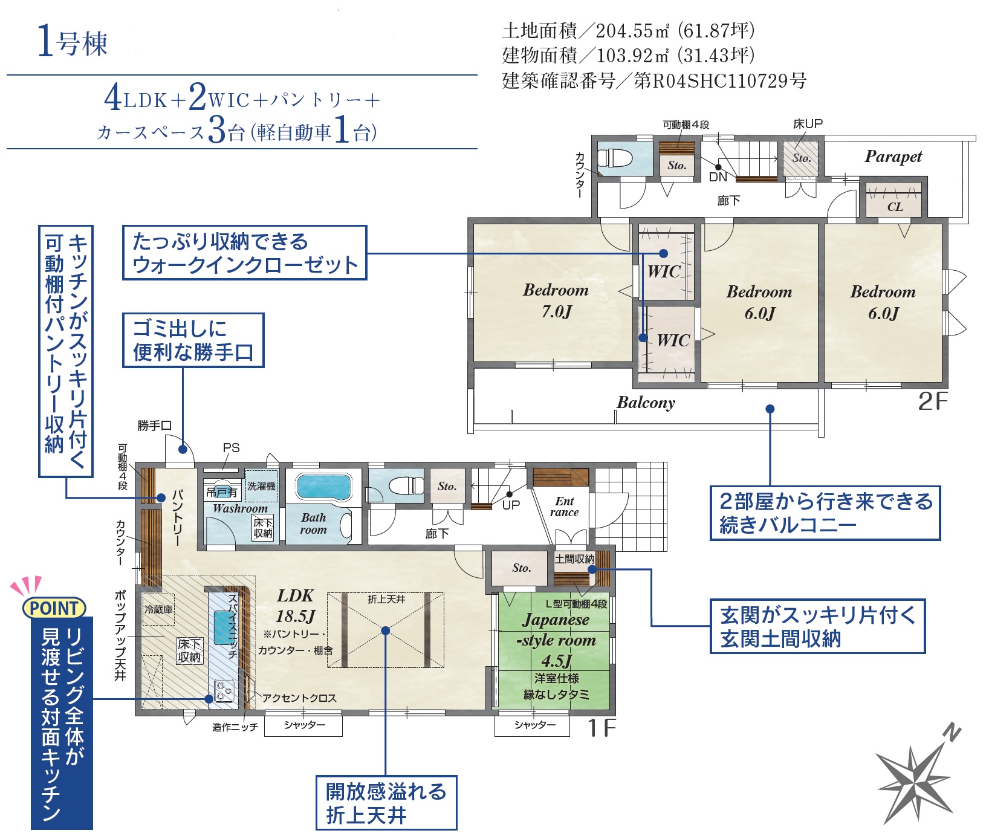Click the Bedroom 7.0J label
coord(556,300)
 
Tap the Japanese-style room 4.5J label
coord(556,640)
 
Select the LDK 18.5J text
coord(296,606)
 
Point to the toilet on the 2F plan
coord(615,158)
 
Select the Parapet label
coord(893,157)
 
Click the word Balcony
coord(646,403)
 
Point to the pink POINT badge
coord(54,607)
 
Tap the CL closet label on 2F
coord(895,207)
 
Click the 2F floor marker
coord(932,401)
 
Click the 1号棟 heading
coord(72,42)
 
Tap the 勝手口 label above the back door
coord(155,426)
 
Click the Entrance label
coord(564,507)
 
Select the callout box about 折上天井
coord(386,803)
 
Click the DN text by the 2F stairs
coord(718,177)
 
